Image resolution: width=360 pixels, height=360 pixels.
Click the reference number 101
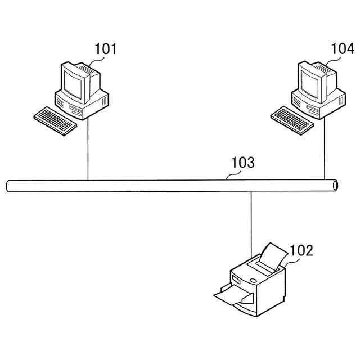[105, 49]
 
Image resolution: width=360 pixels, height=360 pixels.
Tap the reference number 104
[343, 49]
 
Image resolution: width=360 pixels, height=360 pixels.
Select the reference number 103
[243, 163]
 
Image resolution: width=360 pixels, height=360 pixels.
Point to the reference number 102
[301, 250]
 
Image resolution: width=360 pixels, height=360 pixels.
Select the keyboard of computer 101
[55, 121]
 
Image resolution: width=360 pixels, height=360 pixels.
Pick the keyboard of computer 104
[292, 120]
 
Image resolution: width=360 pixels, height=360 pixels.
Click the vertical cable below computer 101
[88, 149]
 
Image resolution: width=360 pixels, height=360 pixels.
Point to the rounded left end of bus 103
[8, 186]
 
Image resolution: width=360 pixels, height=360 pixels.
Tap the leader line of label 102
[287, 259]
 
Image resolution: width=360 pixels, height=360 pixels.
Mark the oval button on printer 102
[254, 281]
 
